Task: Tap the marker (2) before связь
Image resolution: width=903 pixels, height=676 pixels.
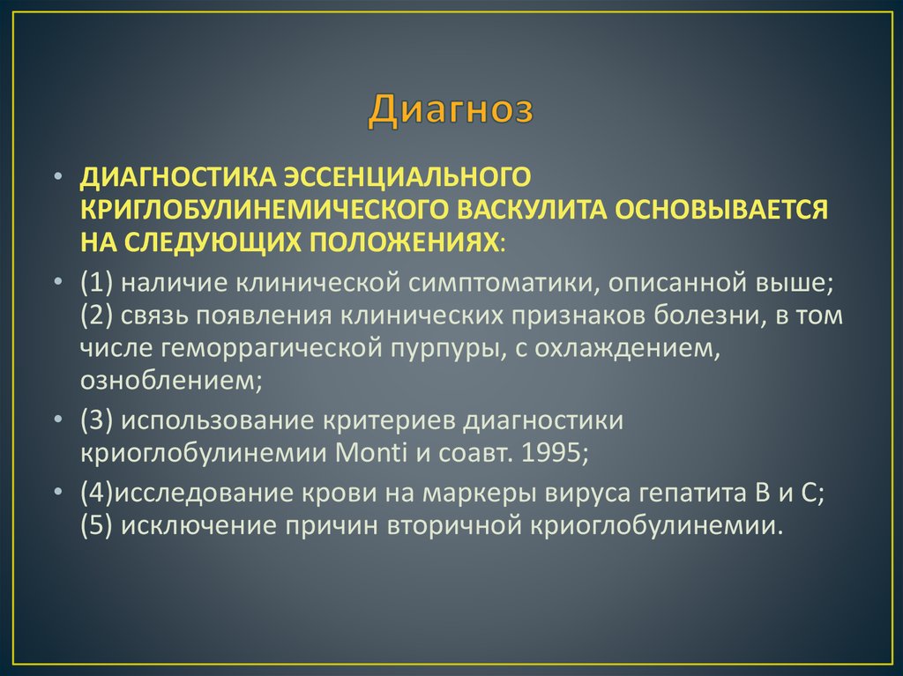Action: click(96, 316)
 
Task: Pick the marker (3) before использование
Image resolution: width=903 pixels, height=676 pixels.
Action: click(96, 420)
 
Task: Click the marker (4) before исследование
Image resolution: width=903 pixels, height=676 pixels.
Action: click(94, 494)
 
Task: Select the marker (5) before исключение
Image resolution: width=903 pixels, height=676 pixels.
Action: click(96, 526)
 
